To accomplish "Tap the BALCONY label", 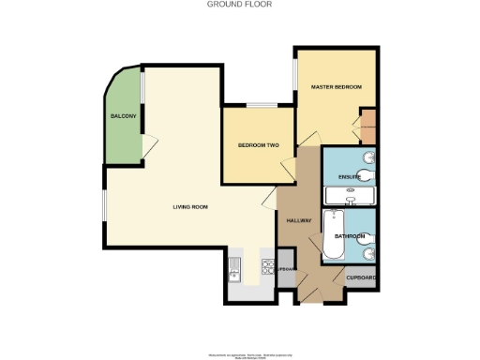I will point(123,115).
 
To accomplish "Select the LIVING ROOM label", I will point(189,206).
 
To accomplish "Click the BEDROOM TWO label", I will point(259,145).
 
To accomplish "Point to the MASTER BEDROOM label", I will point(336,87).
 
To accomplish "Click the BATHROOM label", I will point(349,236).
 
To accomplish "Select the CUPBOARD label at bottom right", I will point(362,278).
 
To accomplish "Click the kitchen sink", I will point(234,270).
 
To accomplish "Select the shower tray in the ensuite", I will point(349,196).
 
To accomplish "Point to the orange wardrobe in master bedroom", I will point(368,123).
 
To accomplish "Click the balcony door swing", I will point(150,143).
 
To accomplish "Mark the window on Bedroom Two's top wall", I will point(260,105).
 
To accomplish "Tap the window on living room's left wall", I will point(104,206).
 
